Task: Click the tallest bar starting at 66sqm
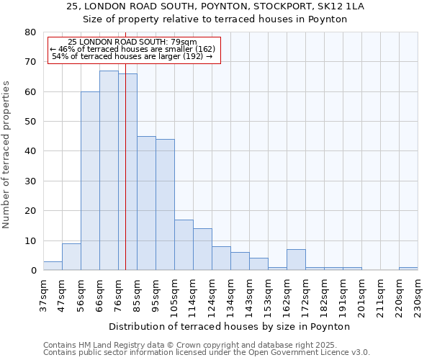tap(109, 171)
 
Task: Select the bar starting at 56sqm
tap(90, 181)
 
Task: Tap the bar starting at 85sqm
tap(146, 203)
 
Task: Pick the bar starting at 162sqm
tap(296, 260)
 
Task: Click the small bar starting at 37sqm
tap(53, 266)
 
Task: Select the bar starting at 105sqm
tap(184, 245)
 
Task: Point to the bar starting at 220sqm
tap(408, 269)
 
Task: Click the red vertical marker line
tap(126, 180)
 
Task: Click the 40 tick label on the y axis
tap(30, 151)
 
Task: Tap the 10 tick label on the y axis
tap(30, 240)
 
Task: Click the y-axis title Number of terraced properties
tap(7, 154)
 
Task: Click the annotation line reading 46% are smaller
tap(132, 49)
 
